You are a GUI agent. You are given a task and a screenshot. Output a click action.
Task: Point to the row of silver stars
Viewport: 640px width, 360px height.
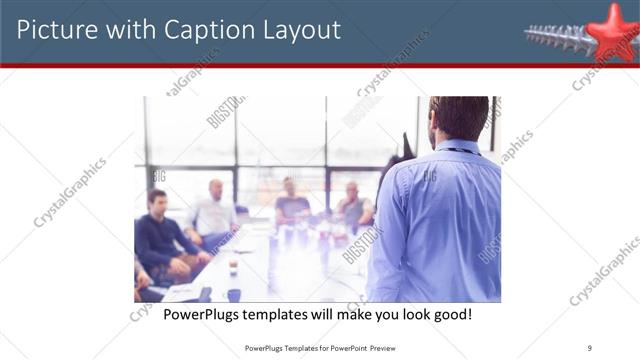[556, 37]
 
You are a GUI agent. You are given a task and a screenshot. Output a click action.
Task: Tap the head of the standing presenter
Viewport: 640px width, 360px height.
[459, 117]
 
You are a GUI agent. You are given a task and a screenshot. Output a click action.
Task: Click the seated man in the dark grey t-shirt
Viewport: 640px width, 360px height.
[291, 205]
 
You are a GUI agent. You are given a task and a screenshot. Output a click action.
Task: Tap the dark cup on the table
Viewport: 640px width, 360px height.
[233, 294]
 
